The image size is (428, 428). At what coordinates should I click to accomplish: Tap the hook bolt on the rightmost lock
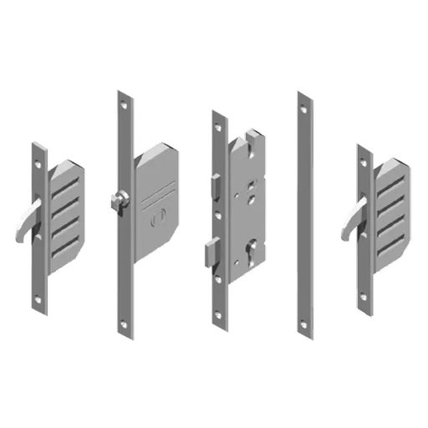[349, 223]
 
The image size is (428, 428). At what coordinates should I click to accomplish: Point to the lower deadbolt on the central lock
[210, 249]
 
